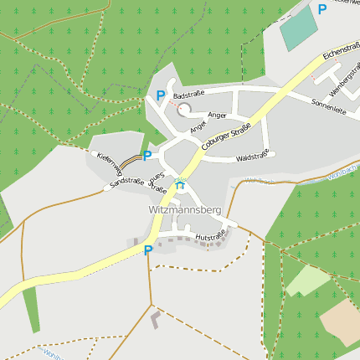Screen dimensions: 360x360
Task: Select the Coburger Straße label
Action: pos(226,136)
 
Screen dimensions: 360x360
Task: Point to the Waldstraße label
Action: pos(251,157)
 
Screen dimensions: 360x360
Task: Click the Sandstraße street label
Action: pos(127,181)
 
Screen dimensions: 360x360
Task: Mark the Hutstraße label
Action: pos(210,237)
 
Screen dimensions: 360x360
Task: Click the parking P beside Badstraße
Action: pos(160,96)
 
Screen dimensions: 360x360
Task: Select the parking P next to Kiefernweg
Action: pos(147,155)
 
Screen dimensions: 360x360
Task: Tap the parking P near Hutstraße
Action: pos(148,249)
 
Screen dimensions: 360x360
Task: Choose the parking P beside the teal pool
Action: pos(322,9)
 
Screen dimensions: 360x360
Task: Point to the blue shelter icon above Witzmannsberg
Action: pos(179,183)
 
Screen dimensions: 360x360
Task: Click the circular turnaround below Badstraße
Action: pos(183,110)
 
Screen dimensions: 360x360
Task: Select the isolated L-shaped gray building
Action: pos(154,318)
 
